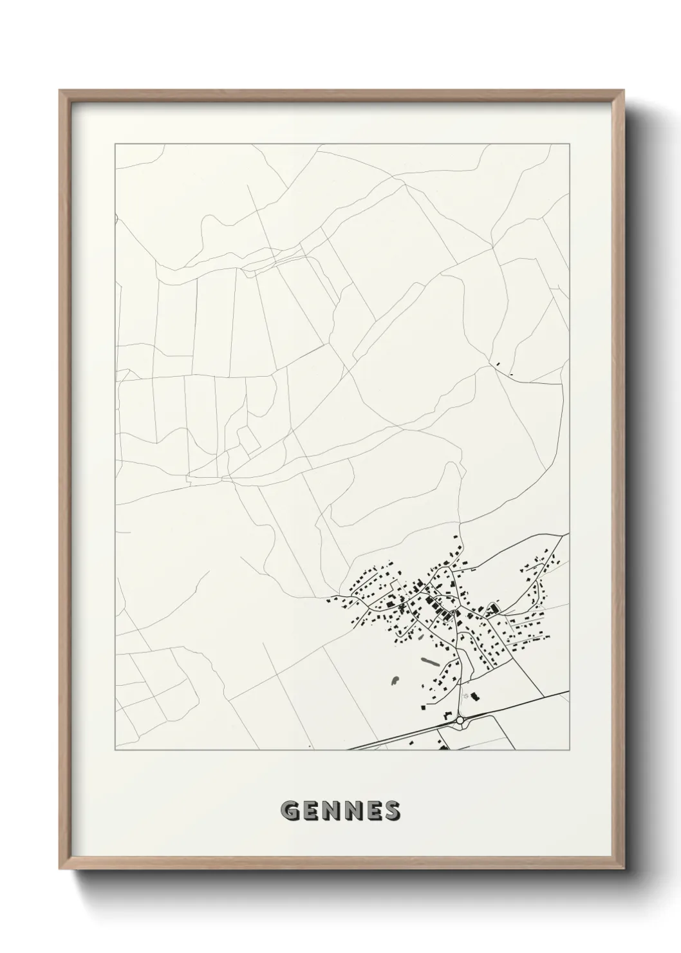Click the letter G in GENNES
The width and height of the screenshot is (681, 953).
[289, 811]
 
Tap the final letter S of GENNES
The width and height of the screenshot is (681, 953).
[391, 811]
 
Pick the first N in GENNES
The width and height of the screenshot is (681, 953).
[330, 811]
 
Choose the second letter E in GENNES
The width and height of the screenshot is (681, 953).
[371, 811]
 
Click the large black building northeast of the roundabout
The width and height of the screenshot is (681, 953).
[476, 696]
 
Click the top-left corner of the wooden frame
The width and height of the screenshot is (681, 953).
[60, 91]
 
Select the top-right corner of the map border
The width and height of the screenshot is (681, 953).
[569, 144]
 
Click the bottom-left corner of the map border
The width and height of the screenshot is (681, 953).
[115, 750]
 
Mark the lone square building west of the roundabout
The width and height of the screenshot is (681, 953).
[424, 707]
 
